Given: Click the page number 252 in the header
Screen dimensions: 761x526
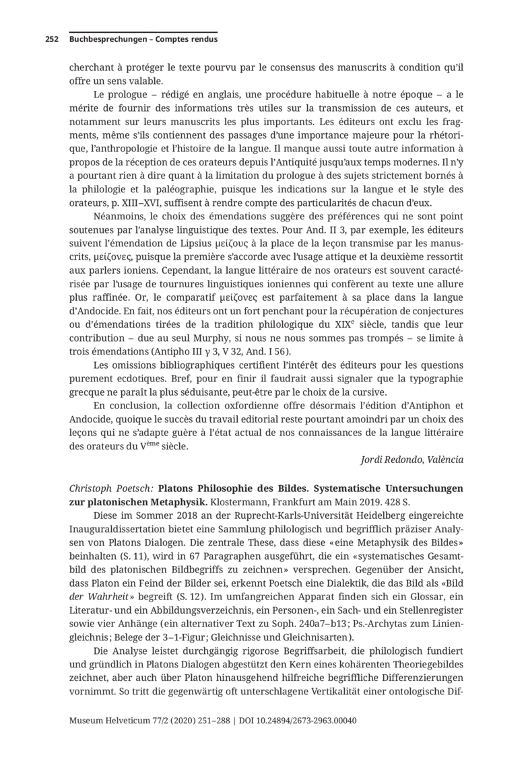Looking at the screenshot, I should (53, 40).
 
